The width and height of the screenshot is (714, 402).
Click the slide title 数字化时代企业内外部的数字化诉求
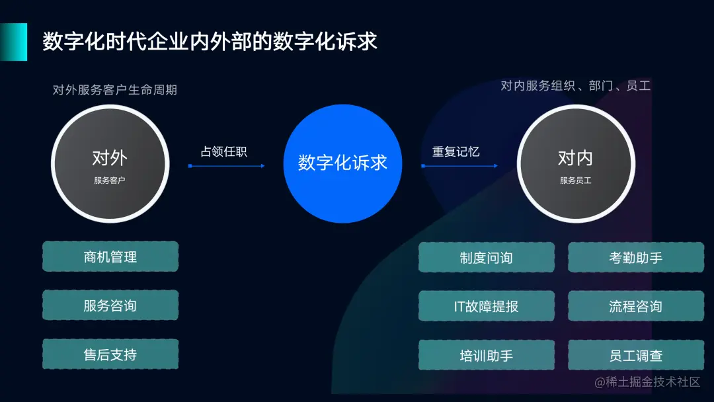click(x=210, y=42)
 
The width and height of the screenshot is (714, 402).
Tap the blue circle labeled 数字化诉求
click(x=342, y=163)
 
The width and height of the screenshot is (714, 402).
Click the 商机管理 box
click(x=110, y=257)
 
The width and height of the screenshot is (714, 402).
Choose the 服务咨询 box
click(x=110, y=305)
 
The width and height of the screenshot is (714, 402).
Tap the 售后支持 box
click(x=110, y=354)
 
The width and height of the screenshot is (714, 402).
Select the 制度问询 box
click(x=486, y=257)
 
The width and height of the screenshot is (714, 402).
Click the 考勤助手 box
click(x=636, y=257)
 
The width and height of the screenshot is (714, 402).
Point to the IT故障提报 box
click(x=486, y=306)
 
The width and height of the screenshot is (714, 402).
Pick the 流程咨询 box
click(x=636, y=306)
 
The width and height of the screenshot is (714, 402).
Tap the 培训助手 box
click(x=486, y=355)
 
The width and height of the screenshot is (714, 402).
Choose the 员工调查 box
click(x=636, y=355)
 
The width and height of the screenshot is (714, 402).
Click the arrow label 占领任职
click(x=223, y=151)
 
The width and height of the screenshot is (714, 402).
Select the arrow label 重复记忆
click(x=456, y=151)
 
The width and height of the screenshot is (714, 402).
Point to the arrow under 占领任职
click(x=227, y=166)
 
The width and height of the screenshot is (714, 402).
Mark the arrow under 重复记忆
click(x=459, y=166)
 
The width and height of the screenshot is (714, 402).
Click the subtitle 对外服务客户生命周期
click(x=115, y=90)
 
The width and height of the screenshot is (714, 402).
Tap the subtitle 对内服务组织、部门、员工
click(x=575, y=86)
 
